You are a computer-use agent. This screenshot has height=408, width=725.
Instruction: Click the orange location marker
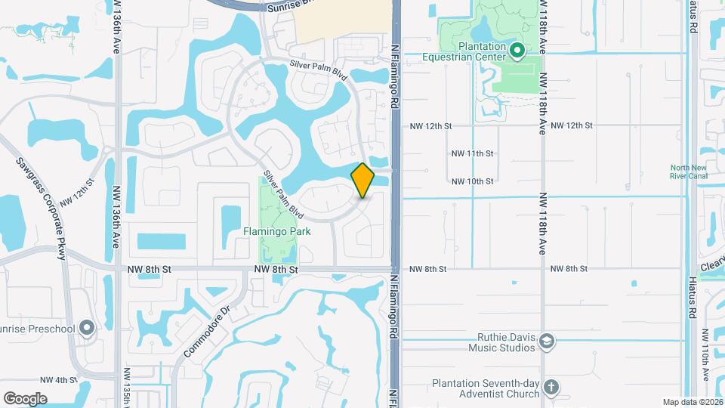[x=363, y=181]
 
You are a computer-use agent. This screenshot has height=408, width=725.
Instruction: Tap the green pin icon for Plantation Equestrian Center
[x=517, y=51]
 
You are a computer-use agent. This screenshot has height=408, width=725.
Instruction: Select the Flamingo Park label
[x=276, y=231]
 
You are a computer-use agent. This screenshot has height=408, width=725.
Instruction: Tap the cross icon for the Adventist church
[x=552, y=388]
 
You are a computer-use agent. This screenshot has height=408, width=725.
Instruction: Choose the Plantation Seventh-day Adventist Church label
[x=486, y=388]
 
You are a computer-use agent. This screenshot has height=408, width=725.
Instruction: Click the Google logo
[x=25, y=398]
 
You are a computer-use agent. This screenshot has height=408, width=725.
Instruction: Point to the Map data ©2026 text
[x=693, y=402]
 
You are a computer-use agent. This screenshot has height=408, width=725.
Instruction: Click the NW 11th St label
[x=472, y=153]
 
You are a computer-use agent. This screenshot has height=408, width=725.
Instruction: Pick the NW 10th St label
[x=472, y=181]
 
